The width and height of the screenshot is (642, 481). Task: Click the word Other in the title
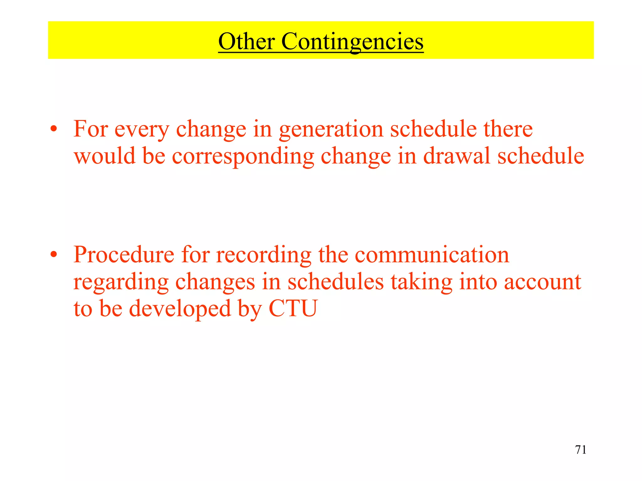pyautogui.click(x=246, y=41)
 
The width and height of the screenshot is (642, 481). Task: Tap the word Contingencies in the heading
pyautogui.click(x=352, y=42)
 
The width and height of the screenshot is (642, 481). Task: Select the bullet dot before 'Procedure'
pyautogui.click(x=54, y=254)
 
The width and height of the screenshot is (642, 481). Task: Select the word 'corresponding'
pyautogui.click(x=243, y=157)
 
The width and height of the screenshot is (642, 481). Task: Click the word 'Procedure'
pyautogui.click(x=124, y=254)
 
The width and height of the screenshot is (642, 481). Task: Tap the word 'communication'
pyautogui.click(x=432, y=254)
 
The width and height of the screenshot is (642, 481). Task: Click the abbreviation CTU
pyautogui.click(x=293, y=308)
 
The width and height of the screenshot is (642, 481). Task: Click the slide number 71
pyautogui.click(x=581, y=450)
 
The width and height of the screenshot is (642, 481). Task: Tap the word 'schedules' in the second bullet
pyautogui.click(x=335, y=282)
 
